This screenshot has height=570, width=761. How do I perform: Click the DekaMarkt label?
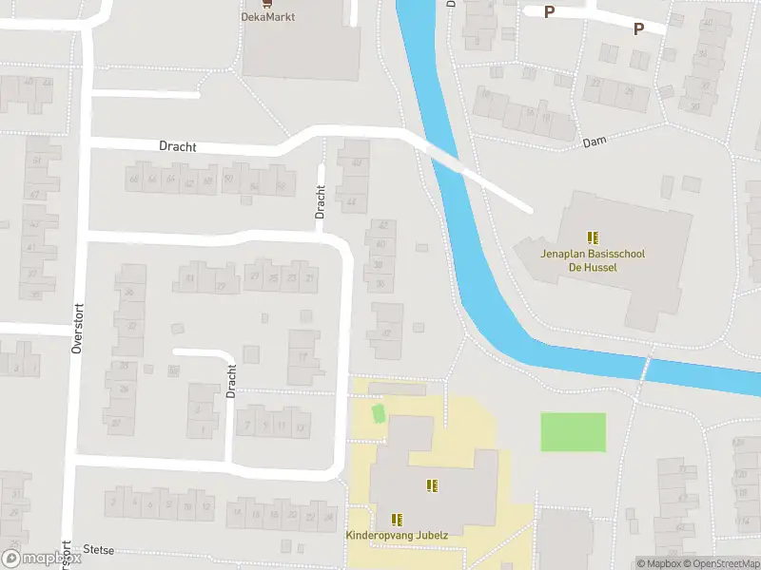pos(266,16)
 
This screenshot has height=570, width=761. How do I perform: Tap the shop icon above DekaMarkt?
pos(265,3)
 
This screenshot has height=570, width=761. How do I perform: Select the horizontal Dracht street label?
pos(178,146)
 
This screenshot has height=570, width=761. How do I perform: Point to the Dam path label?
pos(595,142)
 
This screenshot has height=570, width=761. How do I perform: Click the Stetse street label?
pos(99,548)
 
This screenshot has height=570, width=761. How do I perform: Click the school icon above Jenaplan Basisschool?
pos(593,237)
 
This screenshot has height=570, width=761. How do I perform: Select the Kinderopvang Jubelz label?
pos(396,536)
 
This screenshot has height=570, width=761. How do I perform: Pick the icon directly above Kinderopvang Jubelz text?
pos(397,519)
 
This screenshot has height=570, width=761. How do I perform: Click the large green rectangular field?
pos(573,432)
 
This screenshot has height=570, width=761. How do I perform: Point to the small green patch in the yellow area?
pos(378,414)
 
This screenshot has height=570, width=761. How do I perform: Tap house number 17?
pos(303,356)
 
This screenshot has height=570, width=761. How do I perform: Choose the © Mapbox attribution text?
pos(658,563)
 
